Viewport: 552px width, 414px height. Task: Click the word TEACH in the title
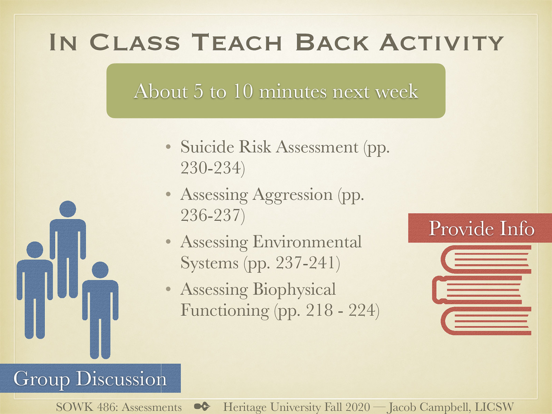(x=237, y=43)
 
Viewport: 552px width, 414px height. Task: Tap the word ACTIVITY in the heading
(x=441, y=43)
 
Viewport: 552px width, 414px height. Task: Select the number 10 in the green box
(x=243, y=91)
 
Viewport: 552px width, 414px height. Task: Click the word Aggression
(x=293, y=195)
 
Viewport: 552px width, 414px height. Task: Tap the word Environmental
(x=307, y=242)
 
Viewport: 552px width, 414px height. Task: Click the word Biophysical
(x=294, y=289)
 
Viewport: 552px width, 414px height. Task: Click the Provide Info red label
(x=481, y=228)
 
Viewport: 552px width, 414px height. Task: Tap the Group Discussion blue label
(x=90, y=378)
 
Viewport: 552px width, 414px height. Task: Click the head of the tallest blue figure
(x=68, y=209)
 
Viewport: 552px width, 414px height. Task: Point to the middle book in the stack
(x=477, y=290)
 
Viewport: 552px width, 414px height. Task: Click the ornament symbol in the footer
(x=202, y=406)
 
